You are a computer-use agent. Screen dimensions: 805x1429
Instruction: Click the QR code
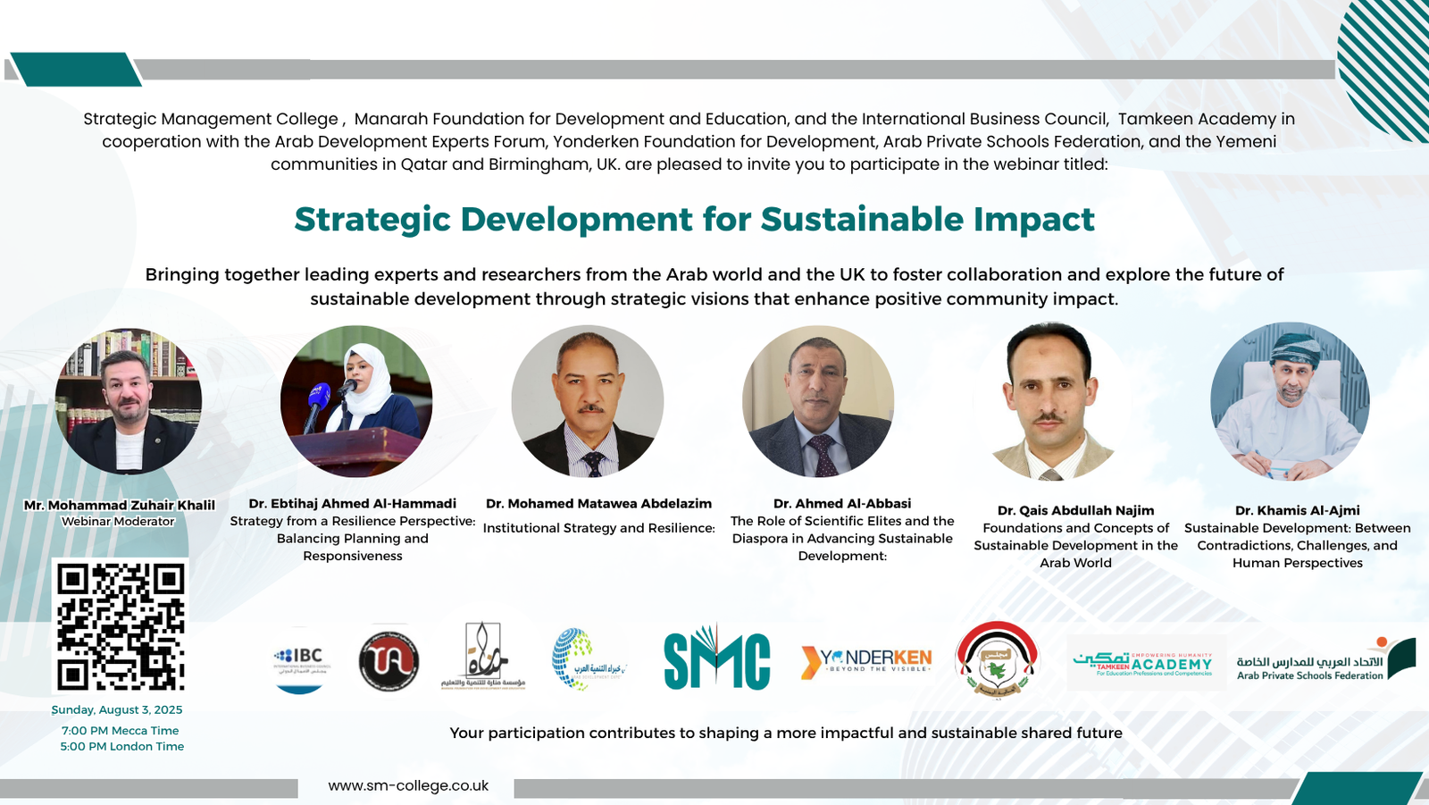[121, 626]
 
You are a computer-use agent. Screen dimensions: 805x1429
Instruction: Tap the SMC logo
[716, 659]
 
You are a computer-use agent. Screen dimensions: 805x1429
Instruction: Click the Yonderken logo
[866, 661]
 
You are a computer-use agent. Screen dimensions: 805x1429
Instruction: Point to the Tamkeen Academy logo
[1143, 663]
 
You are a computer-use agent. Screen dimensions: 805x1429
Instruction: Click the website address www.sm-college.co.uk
[408, 785]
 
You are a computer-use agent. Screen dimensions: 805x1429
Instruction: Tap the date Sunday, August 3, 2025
[117, 709]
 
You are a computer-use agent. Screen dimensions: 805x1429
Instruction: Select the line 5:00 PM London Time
[122, 746]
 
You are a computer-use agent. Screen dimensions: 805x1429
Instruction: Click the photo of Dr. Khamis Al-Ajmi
[1289, 401]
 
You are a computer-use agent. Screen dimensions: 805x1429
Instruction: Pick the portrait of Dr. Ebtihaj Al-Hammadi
[356, 401]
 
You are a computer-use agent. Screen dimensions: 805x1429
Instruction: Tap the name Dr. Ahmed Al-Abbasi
[842, 503]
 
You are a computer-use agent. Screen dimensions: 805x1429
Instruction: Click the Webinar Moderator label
[118, 521]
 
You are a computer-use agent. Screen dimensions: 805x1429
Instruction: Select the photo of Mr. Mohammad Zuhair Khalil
[128, 401]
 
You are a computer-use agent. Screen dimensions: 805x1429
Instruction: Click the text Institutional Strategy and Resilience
[598, 528]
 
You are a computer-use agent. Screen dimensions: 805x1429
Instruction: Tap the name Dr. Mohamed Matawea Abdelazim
[598, 503]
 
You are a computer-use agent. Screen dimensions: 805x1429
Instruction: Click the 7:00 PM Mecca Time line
[121, 730]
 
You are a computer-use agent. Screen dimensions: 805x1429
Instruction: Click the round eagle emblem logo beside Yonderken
[997, 660]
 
